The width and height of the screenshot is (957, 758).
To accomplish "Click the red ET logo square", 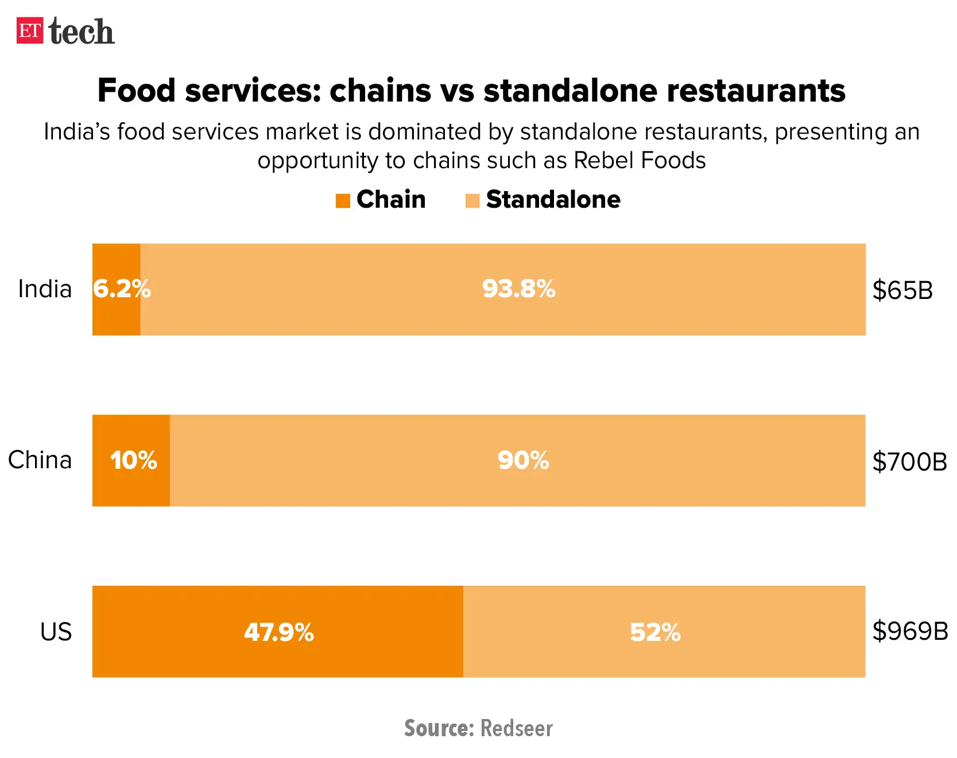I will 29,30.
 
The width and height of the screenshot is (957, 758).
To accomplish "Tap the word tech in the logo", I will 82,32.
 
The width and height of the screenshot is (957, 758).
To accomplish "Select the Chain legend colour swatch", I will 343,201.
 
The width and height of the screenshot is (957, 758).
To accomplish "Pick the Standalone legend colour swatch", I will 472,201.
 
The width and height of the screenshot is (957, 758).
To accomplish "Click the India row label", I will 45,289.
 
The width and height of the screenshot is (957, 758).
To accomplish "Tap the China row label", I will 40,460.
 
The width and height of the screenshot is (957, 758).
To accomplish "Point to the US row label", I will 56,632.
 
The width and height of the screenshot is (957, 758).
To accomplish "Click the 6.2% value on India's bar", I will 121,289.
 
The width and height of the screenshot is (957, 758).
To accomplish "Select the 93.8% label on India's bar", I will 518,289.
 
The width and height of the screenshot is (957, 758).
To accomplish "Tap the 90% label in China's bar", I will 523,460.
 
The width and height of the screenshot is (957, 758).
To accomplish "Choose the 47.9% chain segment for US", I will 278,632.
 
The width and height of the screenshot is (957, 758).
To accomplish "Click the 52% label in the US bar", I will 654,632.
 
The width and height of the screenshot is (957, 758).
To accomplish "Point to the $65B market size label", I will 902,290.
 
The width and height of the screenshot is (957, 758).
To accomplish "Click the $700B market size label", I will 909,461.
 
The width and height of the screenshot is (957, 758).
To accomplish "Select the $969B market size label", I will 910,631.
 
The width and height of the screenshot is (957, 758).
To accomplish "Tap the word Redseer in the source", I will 516,728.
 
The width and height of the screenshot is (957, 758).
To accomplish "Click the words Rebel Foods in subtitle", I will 640,161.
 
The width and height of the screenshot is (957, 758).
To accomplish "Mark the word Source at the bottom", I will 439,728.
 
